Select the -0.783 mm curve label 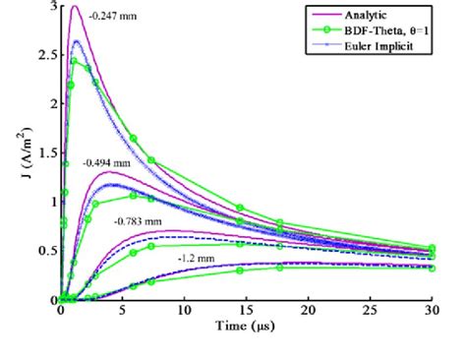click(x=137, y=221)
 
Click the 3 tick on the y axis click(x=51, y=6)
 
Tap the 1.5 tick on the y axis click(x=45, y=152)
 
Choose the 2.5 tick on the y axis click(x=45, y=55)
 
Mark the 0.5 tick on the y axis click(x=45, y=251)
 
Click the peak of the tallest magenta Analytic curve click(x=74, y=7)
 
